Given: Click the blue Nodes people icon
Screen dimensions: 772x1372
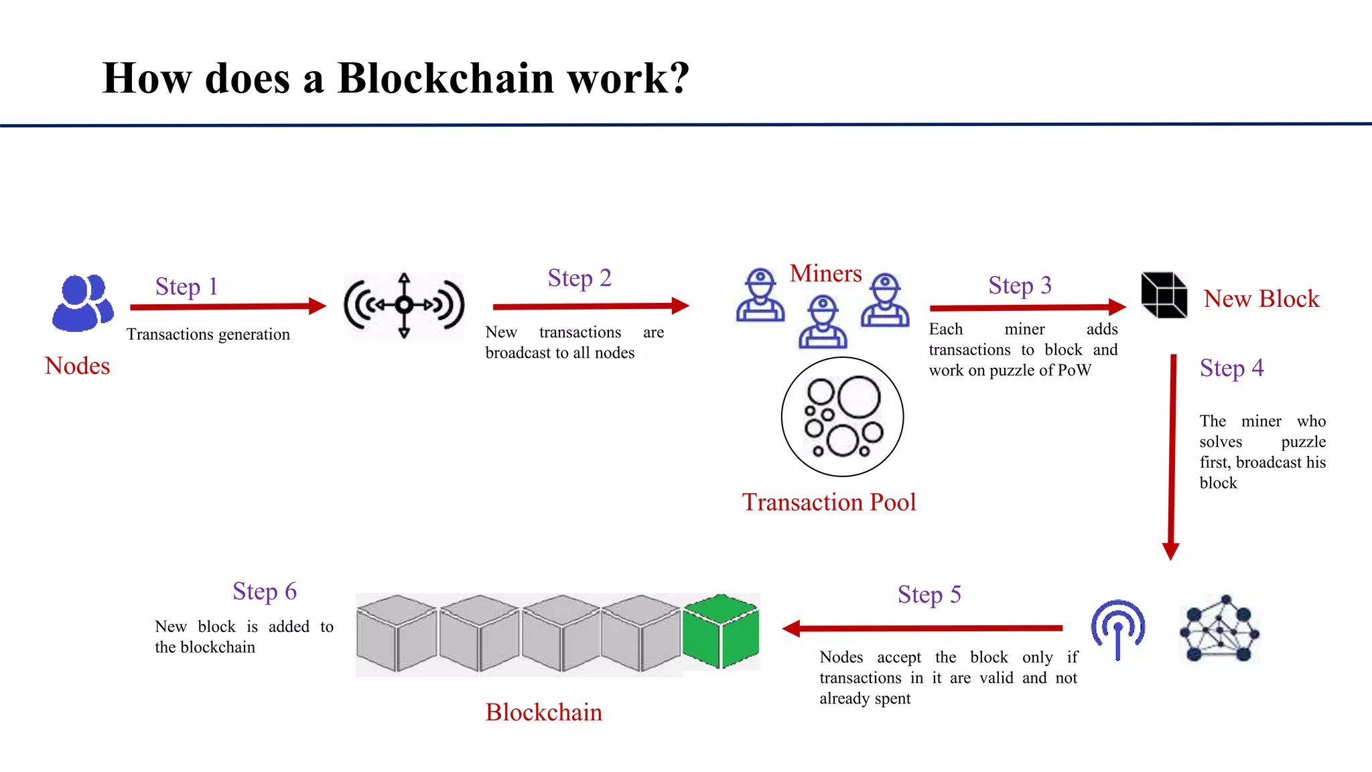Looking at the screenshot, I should tap(82, 303).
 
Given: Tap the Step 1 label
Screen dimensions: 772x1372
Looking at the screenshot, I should tap(186, 287).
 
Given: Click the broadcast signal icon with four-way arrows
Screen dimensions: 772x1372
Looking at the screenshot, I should tap(404, 306).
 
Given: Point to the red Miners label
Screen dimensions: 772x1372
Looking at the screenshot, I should tap(825, 273).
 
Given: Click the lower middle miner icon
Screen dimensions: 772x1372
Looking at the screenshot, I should tap(823, 323).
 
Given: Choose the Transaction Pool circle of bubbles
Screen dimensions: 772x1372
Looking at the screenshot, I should tap(842, 417).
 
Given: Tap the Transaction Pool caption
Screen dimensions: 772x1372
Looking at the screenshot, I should tap(829, 502).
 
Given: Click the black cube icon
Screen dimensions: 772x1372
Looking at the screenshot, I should tap(1164, 295).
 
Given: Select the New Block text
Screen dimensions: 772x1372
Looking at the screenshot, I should tap(1261, 299).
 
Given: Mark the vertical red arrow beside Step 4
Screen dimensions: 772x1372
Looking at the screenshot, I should tap(1172, 456).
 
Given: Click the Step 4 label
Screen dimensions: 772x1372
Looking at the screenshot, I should tap(1231, 368).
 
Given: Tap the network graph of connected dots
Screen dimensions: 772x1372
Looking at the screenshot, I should tap(1219, 629).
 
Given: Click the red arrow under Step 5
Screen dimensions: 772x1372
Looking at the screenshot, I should tap(923, 629).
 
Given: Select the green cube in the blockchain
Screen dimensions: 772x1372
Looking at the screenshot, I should tap(721, 631).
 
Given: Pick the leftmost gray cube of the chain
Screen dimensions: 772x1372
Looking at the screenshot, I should tap(396, 633).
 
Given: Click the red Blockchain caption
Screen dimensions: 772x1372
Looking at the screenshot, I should tap(543, 712).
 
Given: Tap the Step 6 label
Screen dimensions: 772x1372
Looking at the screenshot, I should tap(265, 592).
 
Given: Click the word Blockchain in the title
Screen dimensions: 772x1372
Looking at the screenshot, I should tap(445, 78).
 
